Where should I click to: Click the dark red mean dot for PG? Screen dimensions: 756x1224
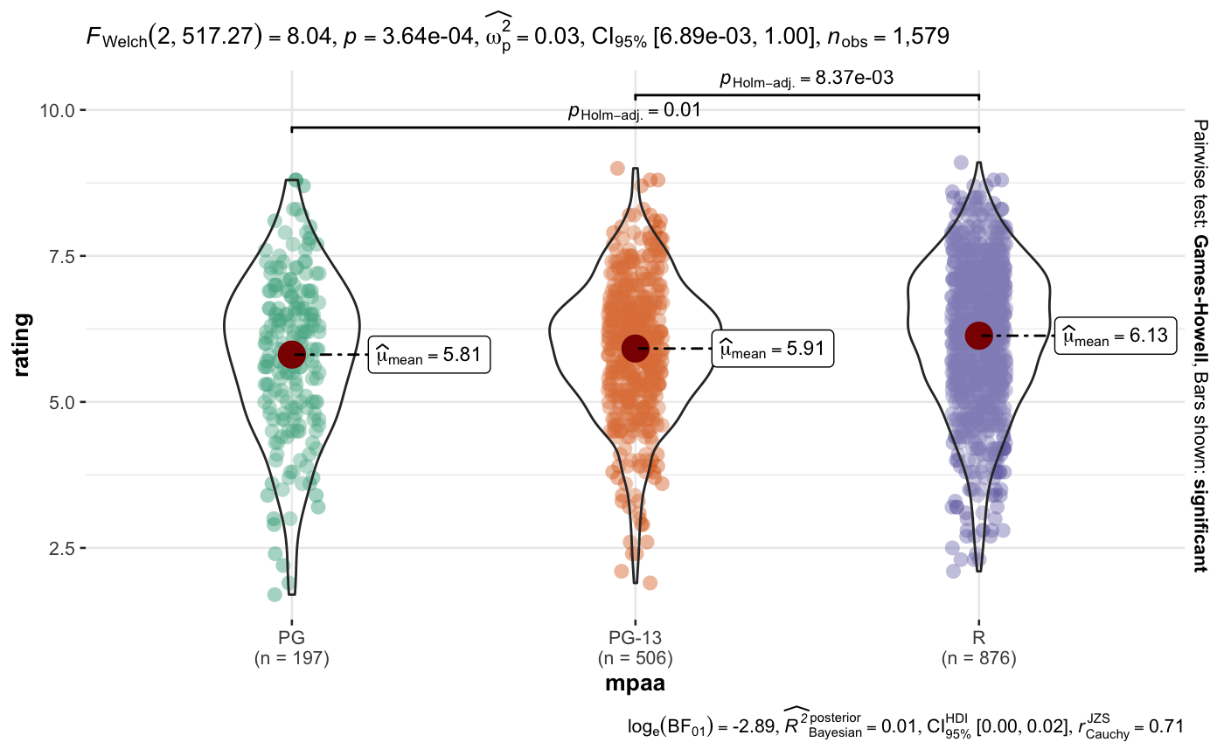pos(291,354)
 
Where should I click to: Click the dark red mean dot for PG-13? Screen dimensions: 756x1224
pos(636,348)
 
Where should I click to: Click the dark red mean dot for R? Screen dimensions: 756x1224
pos(979,335)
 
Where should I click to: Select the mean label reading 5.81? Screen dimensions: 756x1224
pos(428,354)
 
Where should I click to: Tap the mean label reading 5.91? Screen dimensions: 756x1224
pos(773,350)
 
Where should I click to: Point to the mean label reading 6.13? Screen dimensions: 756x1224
pos(1115,336)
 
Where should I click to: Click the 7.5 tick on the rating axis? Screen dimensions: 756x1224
pos(63,256)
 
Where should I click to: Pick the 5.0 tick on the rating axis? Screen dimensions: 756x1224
pos(63,402)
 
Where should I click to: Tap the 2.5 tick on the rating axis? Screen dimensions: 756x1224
pos(63,548)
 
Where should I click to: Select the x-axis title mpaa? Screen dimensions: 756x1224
pos(636,683)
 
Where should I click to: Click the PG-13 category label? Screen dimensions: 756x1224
pos(636,639)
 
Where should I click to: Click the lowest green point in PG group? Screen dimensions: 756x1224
pos(275,594)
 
